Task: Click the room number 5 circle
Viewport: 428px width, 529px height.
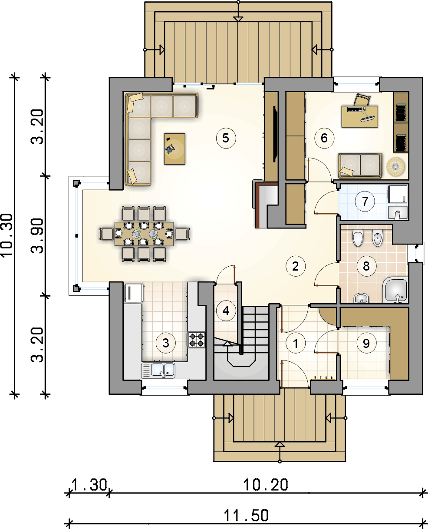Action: tap(226, 138)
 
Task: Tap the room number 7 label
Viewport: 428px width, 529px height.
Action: tap(365, 202)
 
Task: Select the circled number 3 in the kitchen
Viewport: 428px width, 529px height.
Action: tap(165, 343)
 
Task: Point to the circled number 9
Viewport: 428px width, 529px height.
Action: tap(366, 343)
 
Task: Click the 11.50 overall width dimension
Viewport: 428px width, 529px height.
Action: tap(246, 515)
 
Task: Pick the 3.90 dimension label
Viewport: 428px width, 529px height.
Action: tap(37, 235)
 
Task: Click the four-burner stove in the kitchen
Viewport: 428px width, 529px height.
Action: tap(196, 340)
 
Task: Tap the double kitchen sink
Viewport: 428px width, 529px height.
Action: tap(158, 370)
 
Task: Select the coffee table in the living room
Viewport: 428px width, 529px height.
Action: tap(174, 149)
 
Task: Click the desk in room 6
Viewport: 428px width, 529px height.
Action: tap(360, 116)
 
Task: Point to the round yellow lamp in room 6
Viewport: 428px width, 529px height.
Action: tap(395, 167)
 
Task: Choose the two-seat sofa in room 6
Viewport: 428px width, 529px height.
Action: tap(360, 165)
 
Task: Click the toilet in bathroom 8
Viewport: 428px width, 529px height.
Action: tap(358, 238)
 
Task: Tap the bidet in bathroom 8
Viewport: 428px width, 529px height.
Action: tap(378, 238)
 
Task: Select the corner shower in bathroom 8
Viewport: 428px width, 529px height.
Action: tap(395, 290)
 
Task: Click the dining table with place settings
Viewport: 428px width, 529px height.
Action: tap(144, 234)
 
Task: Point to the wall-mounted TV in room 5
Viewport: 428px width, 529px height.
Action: tap(275, 134)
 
